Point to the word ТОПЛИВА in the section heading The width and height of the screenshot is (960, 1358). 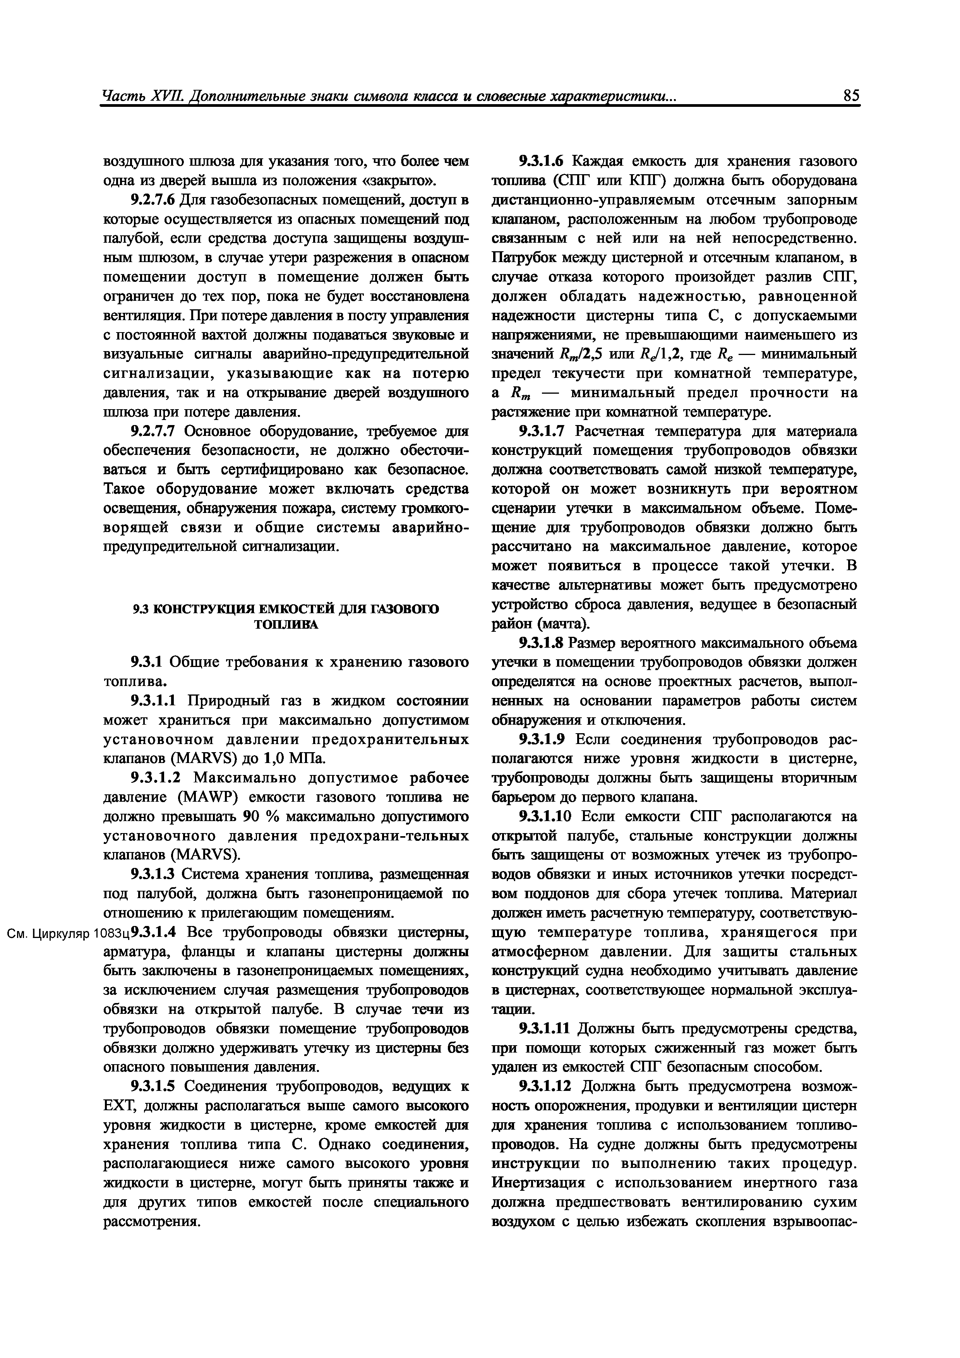pos(286,624)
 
